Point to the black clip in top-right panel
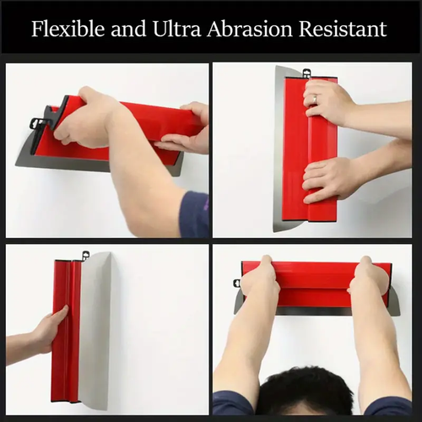pyautogui.click(x=306, y=74)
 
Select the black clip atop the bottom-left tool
pyautogui.click(x=85, y=255)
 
